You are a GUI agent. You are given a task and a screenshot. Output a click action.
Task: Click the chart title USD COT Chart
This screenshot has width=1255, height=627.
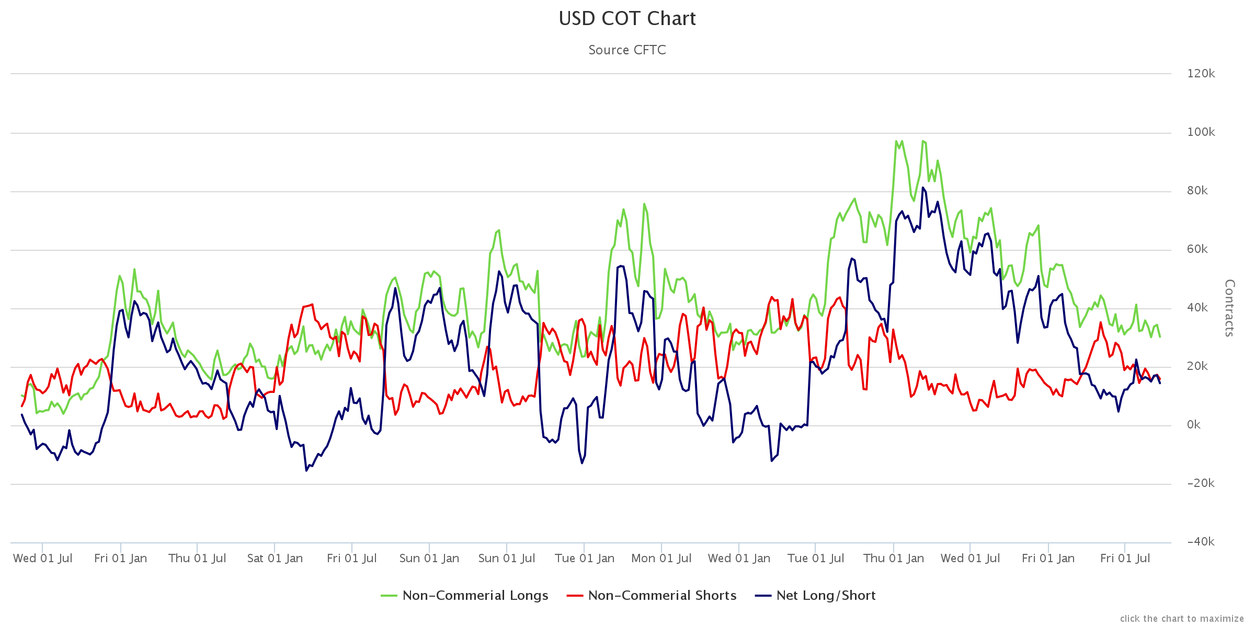[627, 19]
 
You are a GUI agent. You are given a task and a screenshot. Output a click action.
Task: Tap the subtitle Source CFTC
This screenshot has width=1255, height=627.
[627, 50]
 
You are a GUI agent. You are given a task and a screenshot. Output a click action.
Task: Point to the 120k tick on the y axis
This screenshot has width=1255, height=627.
[1201, 74]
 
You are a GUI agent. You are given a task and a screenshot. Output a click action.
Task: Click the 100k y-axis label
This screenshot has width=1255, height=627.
[1201, 132]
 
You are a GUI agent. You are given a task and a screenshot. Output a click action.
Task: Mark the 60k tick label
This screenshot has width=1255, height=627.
[1197, 249]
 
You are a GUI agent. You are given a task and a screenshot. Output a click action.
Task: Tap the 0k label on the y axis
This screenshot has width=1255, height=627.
[1193, 425]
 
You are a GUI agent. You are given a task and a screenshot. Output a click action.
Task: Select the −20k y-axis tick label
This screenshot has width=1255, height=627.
[1201, 483]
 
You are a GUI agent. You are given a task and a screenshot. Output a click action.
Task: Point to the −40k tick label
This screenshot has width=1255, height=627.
[1201, 542]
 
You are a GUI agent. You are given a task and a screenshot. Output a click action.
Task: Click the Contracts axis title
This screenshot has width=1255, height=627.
[1230, 308]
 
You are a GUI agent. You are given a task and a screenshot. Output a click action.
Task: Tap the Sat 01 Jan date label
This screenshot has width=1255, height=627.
[275, 559]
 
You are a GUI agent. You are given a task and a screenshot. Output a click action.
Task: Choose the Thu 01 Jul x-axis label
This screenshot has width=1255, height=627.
[197, 559]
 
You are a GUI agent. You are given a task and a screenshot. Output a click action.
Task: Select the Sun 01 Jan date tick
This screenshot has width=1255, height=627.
[429, 559]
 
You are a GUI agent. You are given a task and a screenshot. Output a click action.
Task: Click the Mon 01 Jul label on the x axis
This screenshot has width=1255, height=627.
[661, 559]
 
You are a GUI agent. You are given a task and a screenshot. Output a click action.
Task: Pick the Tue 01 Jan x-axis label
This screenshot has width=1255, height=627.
[584, 559]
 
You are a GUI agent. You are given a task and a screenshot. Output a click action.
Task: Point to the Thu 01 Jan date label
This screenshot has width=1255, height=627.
[894, 559]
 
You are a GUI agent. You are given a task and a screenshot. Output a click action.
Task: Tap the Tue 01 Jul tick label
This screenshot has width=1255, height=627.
[816, 559]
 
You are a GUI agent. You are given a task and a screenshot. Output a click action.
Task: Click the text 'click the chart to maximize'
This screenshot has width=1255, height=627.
[1182, 619]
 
